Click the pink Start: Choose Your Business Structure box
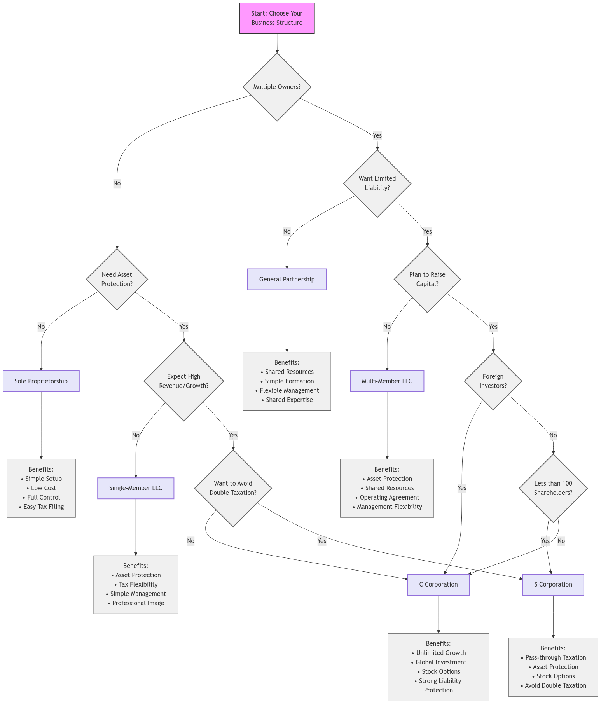(277, 18)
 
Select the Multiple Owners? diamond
(277, 87)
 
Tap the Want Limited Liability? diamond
(377, 183)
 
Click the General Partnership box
(287, 279)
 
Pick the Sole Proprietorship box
(41, 381)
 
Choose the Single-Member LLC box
(136, 488)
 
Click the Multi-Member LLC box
(387, 381)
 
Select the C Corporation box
(439, 584)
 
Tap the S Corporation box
(553, 584)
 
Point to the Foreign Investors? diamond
(493, 381)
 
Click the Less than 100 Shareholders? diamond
(553, 488)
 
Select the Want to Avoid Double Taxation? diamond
(233, 488)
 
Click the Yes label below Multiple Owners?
(377, 135)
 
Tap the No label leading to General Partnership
(287, 231)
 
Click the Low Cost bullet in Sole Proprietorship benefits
(44, 488)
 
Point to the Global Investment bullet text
(441, 662)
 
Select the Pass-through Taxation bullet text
(556, 657)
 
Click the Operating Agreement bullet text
(389, 497)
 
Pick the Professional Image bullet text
(138, 603)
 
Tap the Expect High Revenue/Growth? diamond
(183, 381)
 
